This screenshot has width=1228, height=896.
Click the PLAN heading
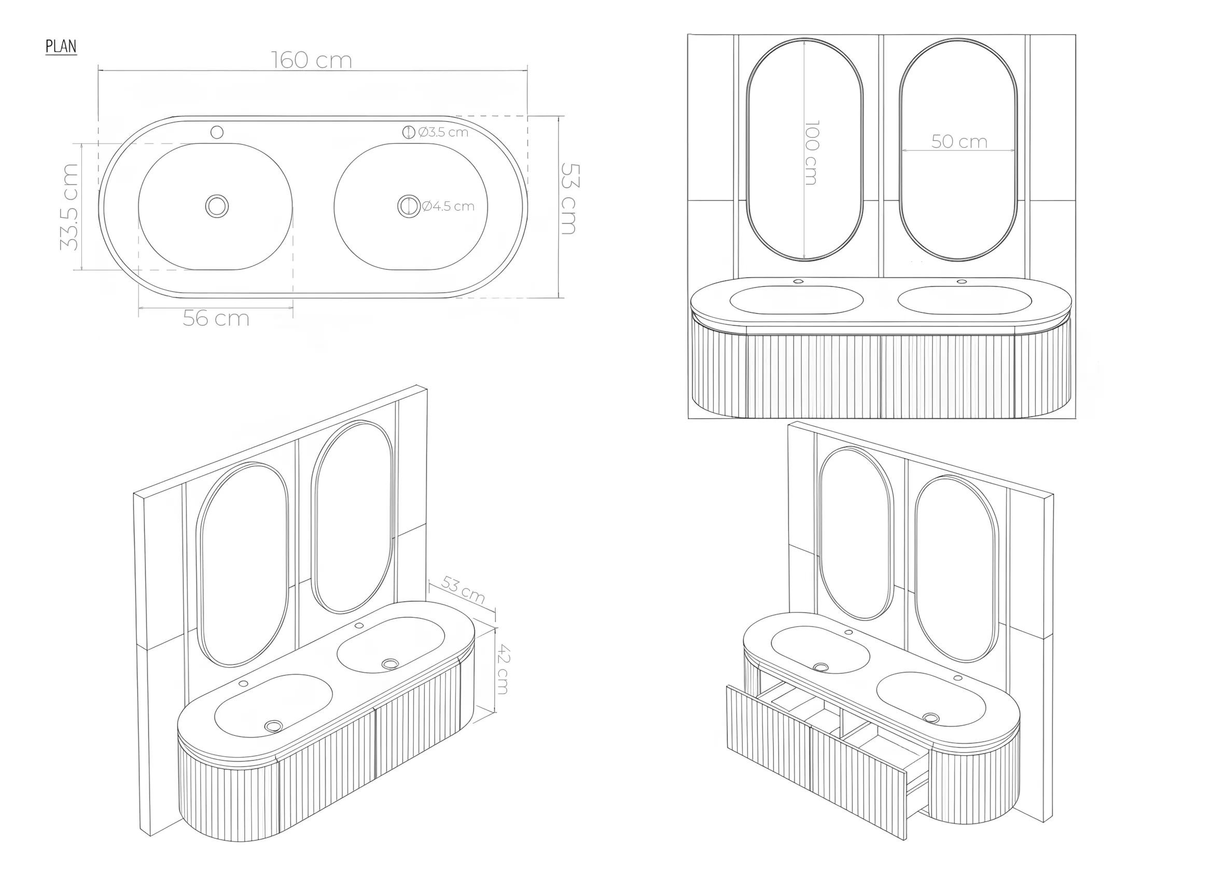(61, 47)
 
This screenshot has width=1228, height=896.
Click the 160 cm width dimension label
(311, 60)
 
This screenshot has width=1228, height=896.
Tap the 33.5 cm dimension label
(69, 207)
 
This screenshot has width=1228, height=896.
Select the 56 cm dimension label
(216, 318)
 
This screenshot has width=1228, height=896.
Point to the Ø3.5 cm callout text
(443, 132)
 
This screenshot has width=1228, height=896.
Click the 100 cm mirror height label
(811, 152)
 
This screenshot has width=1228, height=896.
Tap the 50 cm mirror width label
(959, 142)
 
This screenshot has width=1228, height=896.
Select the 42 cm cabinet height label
(504, 669)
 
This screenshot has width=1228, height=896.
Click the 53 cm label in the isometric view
(463, 590)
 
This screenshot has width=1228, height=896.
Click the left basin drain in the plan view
(217, 206)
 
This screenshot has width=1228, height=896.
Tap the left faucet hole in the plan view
(217, 132)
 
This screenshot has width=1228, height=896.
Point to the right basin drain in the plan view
(409, 206)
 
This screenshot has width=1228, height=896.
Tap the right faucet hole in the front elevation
(961, 282)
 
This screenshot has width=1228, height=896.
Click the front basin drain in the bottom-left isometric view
(273, 726)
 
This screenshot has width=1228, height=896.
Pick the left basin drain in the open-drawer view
(821, 667)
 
